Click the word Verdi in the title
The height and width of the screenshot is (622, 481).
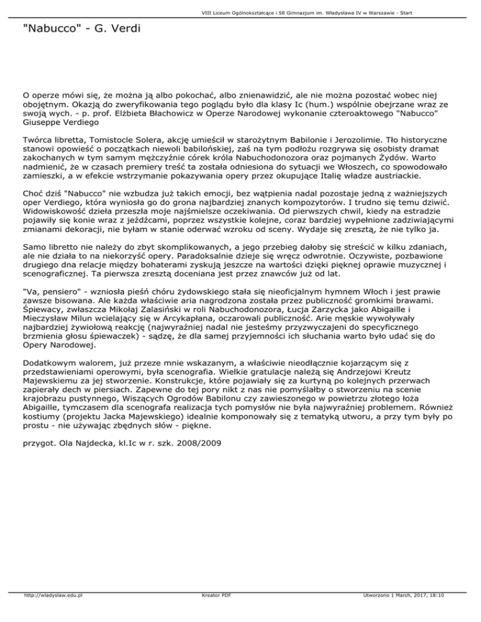point(122,29)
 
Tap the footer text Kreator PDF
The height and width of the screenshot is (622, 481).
point(214,613)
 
